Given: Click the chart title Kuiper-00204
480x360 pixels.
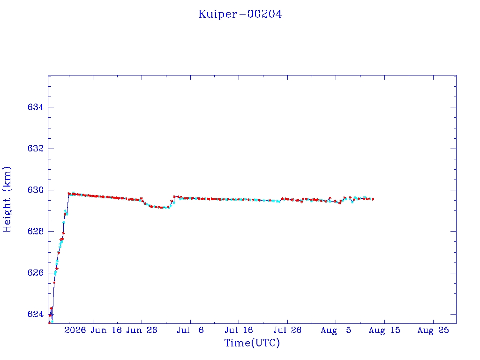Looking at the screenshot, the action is point(240,15).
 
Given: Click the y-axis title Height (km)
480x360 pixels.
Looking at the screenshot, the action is point(7,200).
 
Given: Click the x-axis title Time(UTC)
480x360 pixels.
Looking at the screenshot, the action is point(252,343).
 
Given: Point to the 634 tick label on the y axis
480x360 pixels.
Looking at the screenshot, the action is point(36,107).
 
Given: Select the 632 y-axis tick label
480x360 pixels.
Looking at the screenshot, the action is point(36,149).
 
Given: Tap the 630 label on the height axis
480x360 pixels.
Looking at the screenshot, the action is point(36,190).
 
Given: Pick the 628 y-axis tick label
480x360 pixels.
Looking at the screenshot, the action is point(36,232).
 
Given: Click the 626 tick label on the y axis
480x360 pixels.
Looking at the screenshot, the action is point(36,273).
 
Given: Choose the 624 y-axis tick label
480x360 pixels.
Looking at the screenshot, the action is point(36,314).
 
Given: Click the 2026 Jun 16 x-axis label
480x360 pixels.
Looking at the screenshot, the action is point(93,330).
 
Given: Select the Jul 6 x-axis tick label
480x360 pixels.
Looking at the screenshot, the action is point(190,330).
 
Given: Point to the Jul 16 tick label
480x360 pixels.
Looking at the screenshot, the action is point(239,330).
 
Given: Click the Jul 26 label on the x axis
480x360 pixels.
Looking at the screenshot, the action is point(287,330).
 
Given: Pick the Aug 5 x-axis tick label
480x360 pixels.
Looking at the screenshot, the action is point(336,330).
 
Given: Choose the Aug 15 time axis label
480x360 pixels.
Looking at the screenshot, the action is point(384,330).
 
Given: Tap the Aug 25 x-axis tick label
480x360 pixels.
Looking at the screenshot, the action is point(433,330).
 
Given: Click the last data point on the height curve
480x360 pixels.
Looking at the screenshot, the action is point(373,199).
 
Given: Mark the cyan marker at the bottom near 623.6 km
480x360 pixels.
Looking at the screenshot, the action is point(52,322).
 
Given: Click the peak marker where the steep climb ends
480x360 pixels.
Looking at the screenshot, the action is point(69,194).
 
